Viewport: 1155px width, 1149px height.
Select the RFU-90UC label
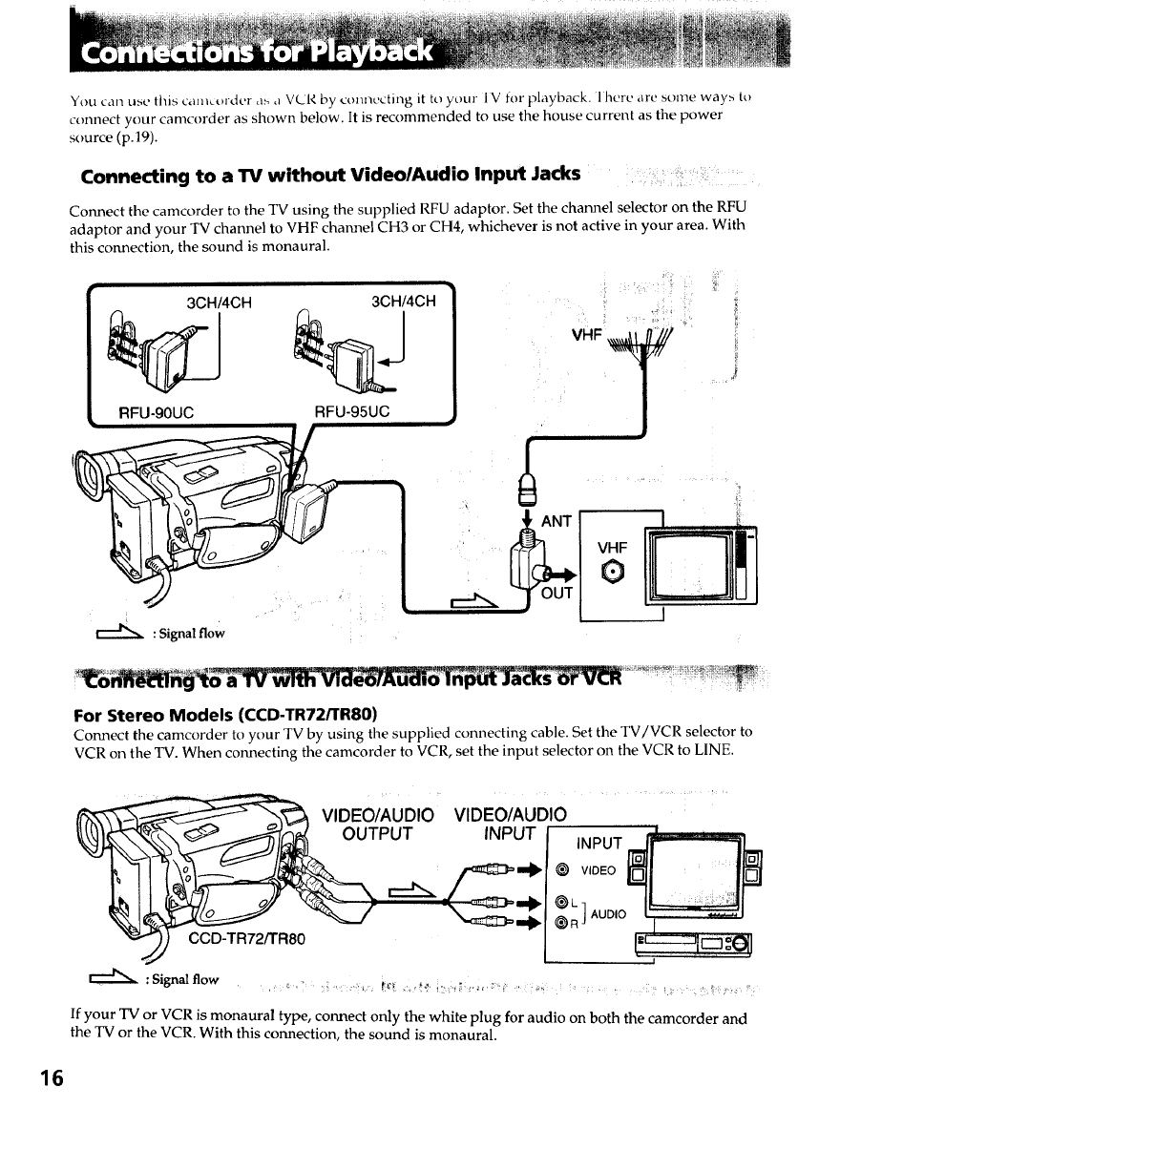point(157,411)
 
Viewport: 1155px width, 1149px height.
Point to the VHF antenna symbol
point(647,344)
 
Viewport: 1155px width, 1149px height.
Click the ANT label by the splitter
point(556,521)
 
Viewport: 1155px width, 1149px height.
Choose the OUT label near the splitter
point(556,593)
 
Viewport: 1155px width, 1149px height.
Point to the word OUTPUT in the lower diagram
point(377,833)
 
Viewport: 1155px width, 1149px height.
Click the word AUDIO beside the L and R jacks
point(608,914)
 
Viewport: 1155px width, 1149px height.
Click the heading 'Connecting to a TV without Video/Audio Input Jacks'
point(330,176)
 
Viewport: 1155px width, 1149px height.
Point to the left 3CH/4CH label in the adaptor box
point(219,303)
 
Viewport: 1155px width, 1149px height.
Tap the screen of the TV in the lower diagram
point(694,869)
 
